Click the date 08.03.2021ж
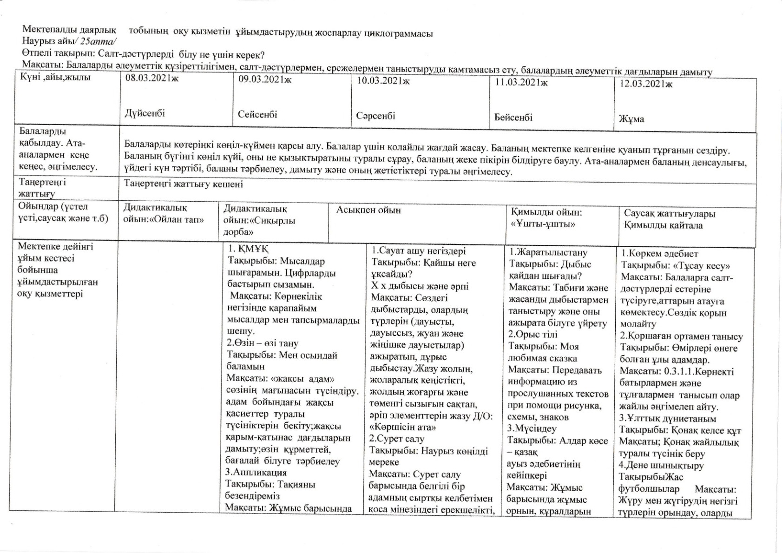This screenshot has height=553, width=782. point(152,78)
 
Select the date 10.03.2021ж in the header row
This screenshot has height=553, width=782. point(383,81)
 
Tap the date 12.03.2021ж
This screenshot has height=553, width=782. point(646,84)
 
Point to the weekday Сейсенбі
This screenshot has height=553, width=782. point(258,114)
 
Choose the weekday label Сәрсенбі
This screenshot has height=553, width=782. point(376,116)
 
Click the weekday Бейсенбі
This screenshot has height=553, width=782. point(513,118)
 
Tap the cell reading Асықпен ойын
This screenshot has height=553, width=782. point(368,210)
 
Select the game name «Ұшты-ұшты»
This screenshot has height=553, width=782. point(543,224)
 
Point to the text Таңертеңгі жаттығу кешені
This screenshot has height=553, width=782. point(184,184)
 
